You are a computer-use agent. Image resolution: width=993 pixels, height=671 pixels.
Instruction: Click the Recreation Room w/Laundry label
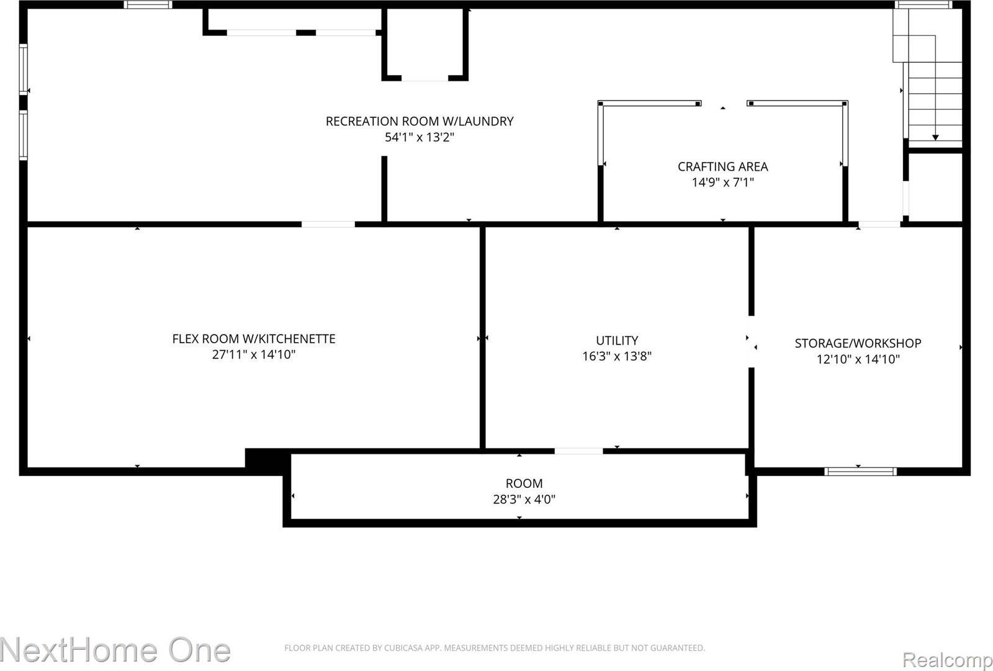pyautogui.click(x=420, y=121)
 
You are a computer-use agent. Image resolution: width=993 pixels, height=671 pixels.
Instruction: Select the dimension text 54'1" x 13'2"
pyautogui.click(x=420, y=137)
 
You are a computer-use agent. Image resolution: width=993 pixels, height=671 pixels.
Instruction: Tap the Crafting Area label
pyautogui.click(x=722, y=166)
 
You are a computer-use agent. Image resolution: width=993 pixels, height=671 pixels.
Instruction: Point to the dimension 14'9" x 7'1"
pyautogui.click(x=722, y=182)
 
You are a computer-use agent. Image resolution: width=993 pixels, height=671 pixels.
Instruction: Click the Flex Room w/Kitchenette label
pyautogui.click(x=253, y=338)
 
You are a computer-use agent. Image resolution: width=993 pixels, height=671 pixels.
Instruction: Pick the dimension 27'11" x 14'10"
pyautogui.click(x=253, y=354)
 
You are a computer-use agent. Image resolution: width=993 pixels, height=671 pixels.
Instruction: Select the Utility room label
pyautogui.click(x=616, y=340)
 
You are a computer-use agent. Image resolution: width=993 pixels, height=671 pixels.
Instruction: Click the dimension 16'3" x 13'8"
pyautogui.click(x=616, y=356)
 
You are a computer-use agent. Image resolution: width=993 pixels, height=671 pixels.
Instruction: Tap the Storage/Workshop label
pyautogui.click(x=858, y=343)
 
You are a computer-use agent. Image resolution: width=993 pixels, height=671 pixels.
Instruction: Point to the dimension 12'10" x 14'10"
pyautogui.click(x=858, y=359)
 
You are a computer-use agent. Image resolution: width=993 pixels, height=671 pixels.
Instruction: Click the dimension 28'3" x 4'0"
pyautogui.click(x=524, y=499)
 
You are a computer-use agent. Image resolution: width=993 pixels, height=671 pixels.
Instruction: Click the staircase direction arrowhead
pyautogui.click(x=935, y=137)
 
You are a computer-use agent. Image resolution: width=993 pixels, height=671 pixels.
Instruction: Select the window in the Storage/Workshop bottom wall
pyautogui.click(x=860, y=471)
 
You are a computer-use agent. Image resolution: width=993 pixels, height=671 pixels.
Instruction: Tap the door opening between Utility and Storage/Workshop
pyautogui.click(x=751, y=342)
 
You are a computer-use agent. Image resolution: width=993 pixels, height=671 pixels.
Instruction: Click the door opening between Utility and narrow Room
pyautogui.click(x=578, y=451)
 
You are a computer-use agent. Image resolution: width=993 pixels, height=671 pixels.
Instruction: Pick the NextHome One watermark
pyautogui.click(x=115, y=650)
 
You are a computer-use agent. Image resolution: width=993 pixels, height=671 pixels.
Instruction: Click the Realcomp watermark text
pyautogui.click(x=947, y=659)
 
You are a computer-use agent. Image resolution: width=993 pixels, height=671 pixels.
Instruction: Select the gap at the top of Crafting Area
pyautogui.click(x=724, y=104)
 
